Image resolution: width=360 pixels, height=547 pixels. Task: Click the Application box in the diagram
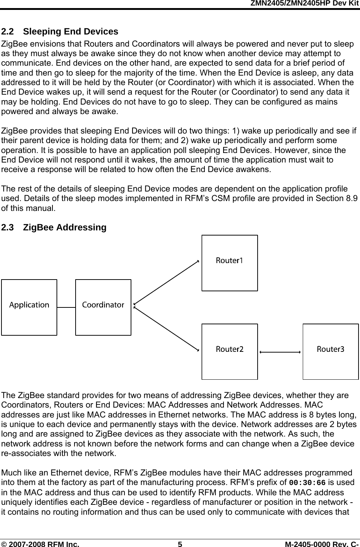coord(29,307)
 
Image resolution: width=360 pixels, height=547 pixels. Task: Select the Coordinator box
coord(103,307)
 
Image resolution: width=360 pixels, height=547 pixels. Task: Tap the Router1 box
coord(229,263)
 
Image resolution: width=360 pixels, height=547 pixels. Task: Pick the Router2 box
coord(229,351)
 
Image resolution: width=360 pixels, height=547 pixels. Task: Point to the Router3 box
coord(330,351)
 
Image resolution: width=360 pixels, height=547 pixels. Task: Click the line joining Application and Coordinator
coord(66,307)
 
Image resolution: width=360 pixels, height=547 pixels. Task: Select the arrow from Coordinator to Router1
coord(166,282)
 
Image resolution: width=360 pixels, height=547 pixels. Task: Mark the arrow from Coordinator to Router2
coord(166,328)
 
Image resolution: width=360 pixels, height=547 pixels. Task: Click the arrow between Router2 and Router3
coord(280,352)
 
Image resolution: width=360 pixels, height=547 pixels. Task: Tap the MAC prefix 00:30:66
coord(308,482)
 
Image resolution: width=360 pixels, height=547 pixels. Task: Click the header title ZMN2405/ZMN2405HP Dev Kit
coord(304,3)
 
